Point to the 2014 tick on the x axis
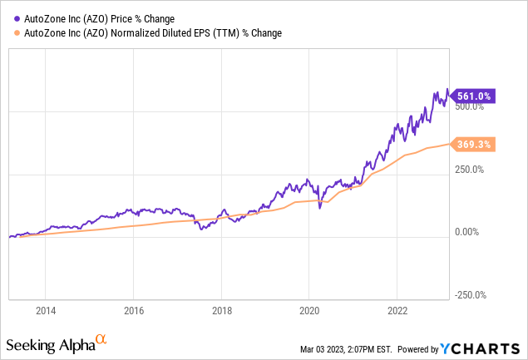(46, 310)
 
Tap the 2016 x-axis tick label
(134, 310)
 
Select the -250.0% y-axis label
(470, 295)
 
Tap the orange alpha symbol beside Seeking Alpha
(101, 339)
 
